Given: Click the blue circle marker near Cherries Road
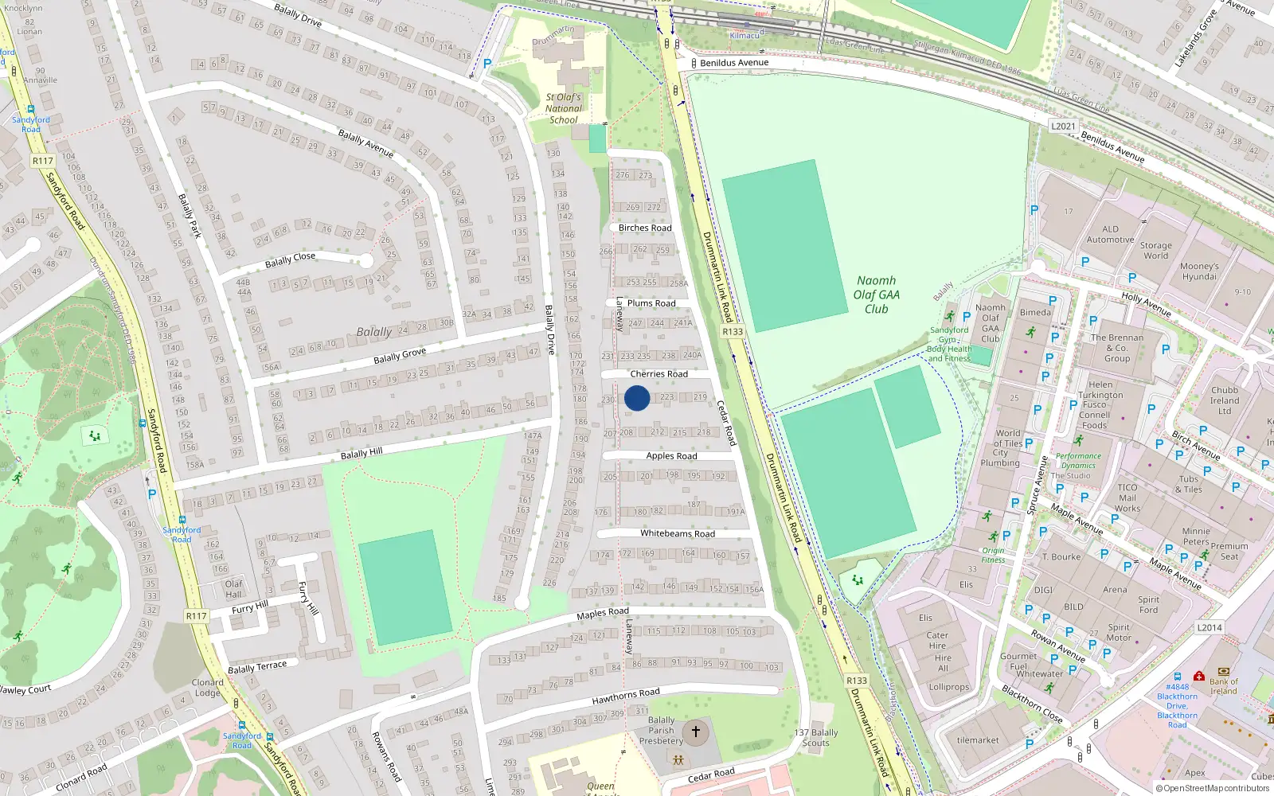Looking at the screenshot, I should pos(637,398).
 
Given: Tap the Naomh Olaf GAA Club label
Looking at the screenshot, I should pos(877,295).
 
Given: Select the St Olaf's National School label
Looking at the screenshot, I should pos(564,108).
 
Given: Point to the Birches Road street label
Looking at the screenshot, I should pos(645,228).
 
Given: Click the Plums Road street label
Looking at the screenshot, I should pos(651,303).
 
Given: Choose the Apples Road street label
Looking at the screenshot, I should pos(671,456).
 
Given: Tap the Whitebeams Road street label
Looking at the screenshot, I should pos(678,533).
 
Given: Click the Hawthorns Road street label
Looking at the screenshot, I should pos(626,696).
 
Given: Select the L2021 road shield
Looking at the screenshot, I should pos(1063,126).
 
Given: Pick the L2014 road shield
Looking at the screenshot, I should pos(1209,627).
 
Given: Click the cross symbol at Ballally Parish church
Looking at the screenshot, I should pos(695,731).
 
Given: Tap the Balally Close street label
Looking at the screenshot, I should pos(290,259).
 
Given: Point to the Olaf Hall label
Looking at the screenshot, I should pos(233,589).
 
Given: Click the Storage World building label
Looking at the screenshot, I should pos(1155,251).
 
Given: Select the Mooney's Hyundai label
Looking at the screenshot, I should pos(1199,271).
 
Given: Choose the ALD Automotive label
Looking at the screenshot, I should pos(1110,234).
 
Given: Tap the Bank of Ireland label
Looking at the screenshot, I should pos(1224,686).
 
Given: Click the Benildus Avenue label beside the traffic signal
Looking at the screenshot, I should pos(734,63).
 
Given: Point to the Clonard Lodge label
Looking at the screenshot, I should pos(207,688).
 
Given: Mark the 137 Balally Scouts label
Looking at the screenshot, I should pos(816,738).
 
